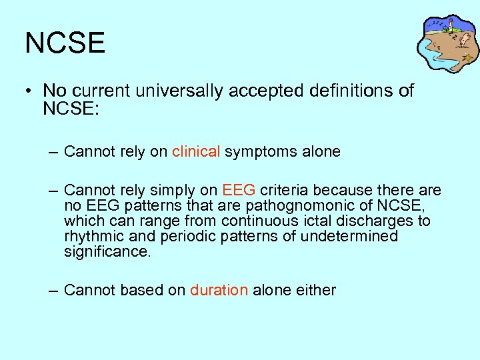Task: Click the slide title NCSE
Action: click(65, 43)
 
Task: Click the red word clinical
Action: click(196, 152)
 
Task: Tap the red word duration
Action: click(219, 290)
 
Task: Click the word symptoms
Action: click(256, 152)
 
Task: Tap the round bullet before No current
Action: click(30, 91)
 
